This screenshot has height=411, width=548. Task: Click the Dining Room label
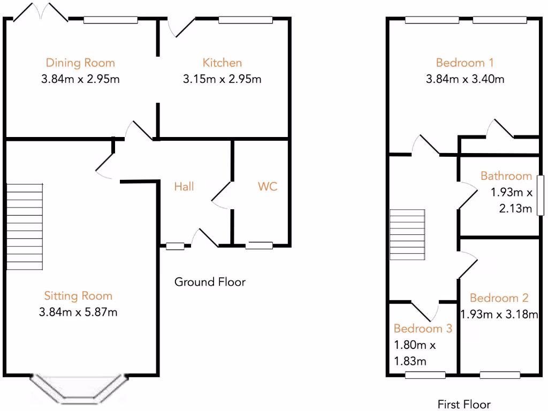[80, 63]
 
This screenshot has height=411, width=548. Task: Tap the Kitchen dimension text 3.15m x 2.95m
[222, 80]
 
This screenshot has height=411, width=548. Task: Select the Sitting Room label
[78, 295]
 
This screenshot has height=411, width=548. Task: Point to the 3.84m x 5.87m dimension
[79, 312]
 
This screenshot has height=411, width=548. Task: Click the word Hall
[184, 186]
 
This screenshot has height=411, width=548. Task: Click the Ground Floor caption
[210, 281]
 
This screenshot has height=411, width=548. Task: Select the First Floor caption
[464, 404]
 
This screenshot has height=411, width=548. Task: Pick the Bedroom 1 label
[465, 63]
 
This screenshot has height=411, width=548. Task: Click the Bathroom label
[506, 176]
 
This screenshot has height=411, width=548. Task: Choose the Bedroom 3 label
[423, 328]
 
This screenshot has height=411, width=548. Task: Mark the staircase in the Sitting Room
[25, 226]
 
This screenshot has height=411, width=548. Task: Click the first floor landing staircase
[407, 234]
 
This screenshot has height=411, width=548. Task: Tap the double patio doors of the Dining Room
[41, 12]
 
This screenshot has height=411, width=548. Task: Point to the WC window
[259, 246]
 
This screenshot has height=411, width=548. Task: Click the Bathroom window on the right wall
[541, 195]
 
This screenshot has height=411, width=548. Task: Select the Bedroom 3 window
[425, 375]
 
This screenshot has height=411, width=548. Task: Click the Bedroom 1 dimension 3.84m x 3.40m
[465, 80]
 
